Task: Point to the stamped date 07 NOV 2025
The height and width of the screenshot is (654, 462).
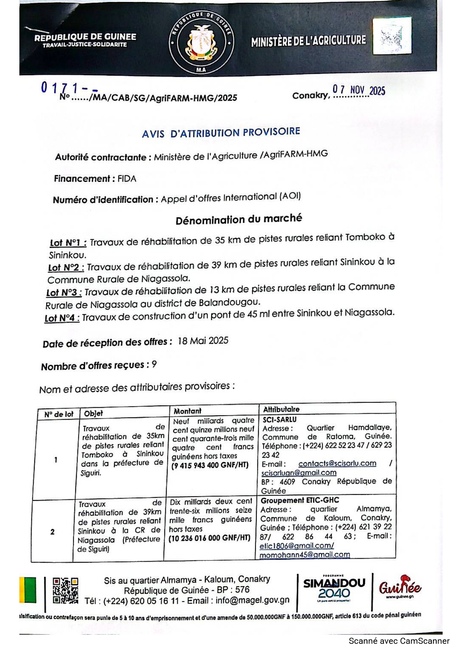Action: pos(358,90)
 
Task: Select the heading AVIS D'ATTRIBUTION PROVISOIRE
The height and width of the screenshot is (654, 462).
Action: pos(221,132)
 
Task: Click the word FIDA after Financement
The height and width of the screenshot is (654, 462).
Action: pos(127,178)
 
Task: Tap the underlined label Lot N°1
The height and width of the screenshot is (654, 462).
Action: pos(68,243)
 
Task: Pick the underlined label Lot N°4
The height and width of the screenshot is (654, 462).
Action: pos(62,318)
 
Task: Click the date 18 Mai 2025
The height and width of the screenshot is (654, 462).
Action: pos(203,341)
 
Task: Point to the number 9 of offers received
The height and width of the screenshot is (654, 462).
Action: pos(154,364)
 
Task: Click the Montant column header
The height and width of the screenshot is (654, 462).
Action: pos(187,411)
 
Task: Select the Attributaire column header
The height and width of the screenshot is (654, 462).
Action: pos(281,409)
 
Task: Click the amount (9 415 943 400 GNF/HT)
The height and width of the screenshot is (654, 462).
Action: pos(210,465)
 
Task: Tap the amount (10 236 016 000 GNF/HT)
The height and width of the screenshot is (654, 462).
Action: pos(209,538)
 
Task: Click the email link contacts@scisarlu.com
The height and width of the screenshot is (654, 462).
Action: pos(337,463)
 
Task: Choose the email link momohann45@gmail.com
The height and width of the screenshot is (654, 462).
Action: pos(305,555)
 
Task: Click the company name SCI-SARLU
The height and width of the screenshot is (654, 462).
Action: pos(279,420)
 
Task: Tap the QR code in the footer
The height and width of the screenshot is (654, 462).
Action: pos(65,591)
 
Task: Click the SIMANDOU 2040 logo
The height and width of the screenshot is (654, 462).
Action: pos(334,588)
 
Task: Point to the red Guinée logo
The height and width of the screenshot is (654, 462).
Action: pos(400,587)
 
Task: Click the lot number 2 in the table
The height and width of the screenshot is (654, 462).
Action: pos(53,532)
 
